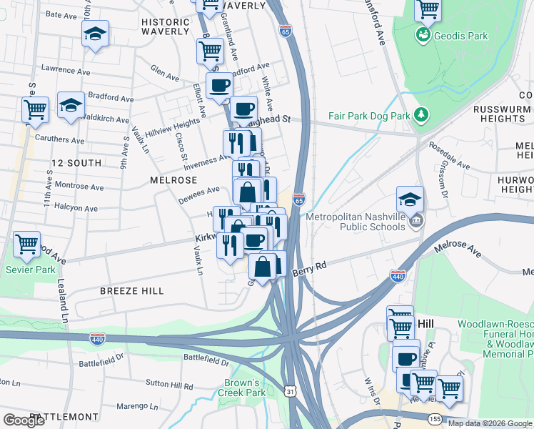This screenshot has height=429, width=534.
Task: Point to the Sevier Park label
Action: tap(26, 270)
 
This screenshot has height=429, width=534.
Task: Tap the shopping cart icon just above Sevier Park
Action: tap(26, 245)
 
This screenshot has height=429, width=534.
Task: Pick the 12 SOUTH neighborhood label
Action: tap(75, 163)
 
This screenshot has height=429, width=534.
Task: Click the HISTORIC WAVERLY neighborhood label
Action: tap(166, 27)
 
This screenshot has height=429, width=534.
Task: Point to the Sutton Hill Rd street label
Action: tap(168, 386)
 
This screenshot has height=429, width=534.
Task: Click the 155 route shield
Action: tap(434, 418)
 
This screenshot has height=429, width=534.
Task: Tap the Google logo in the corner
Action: tap(24, 420)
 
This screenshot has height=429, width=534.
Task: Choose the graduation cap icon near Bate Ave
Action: tap(94, 34)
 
